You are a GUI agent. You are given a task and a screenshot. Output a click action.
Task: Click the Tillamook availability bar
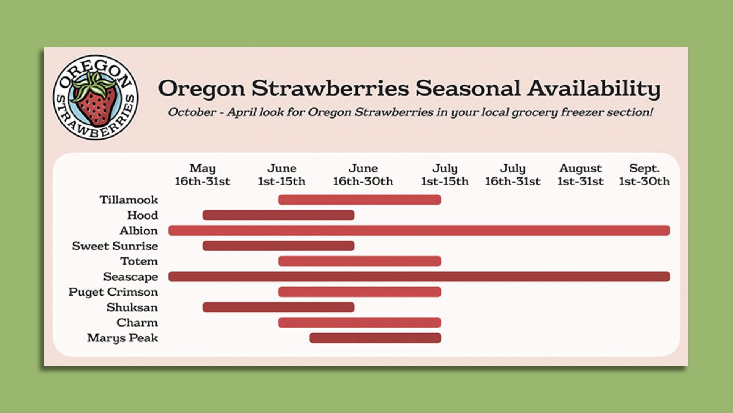(x=359, y=200)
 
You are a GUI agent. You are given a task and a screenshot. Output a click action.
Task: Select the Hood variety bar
(x=278, y=215)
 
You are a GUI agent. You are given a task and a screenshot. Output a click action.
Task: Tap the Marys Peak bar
(x=375, y=338)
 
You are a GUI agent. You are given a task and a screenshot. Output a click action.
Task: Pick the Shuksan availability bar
(x=278, y=307)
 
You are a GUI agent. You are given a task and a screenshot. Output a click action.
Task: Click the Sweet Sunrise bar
(x=278, y=246)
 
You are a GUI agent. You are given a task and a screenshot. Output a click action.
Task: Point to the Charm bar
(x=359, y=323)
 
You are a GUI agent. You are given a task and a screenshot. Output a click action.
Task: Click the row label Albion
(x=139, y=231)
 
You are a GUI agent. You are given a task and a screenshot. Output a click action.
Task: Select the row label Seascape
(x=131, y=276)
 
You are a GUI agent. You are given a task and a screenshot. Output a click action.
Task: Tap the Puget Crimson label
(x=113, y=292)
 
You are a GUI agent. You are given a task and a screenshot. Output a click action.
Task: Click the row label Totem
(x=139, y=261)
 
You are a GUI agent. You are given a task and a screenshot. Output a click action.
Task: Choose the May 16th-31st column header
(x=202, y=175)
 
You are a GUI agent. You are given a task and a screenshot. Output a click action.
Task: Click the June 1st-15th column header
(x=282, y=175)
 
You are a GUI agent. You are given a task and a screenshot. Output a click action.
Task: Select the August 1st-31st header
(x=580, y=175)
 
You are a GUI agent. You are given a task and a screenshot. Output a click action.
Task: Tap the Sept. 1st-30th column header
(x=644, y=175)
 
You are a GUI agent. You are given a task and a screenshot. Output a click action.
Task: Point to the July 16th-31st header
(x=513, y=175)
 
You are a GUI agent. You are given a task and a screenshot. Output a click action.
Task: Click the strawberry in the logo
(x=95, y=101)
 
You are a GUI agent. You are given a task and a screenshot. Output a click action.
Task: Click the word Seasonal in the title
(x=468, y=88)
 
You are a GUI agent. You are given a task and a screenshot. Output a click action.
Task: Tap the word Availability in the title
(x=594, y=88)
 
